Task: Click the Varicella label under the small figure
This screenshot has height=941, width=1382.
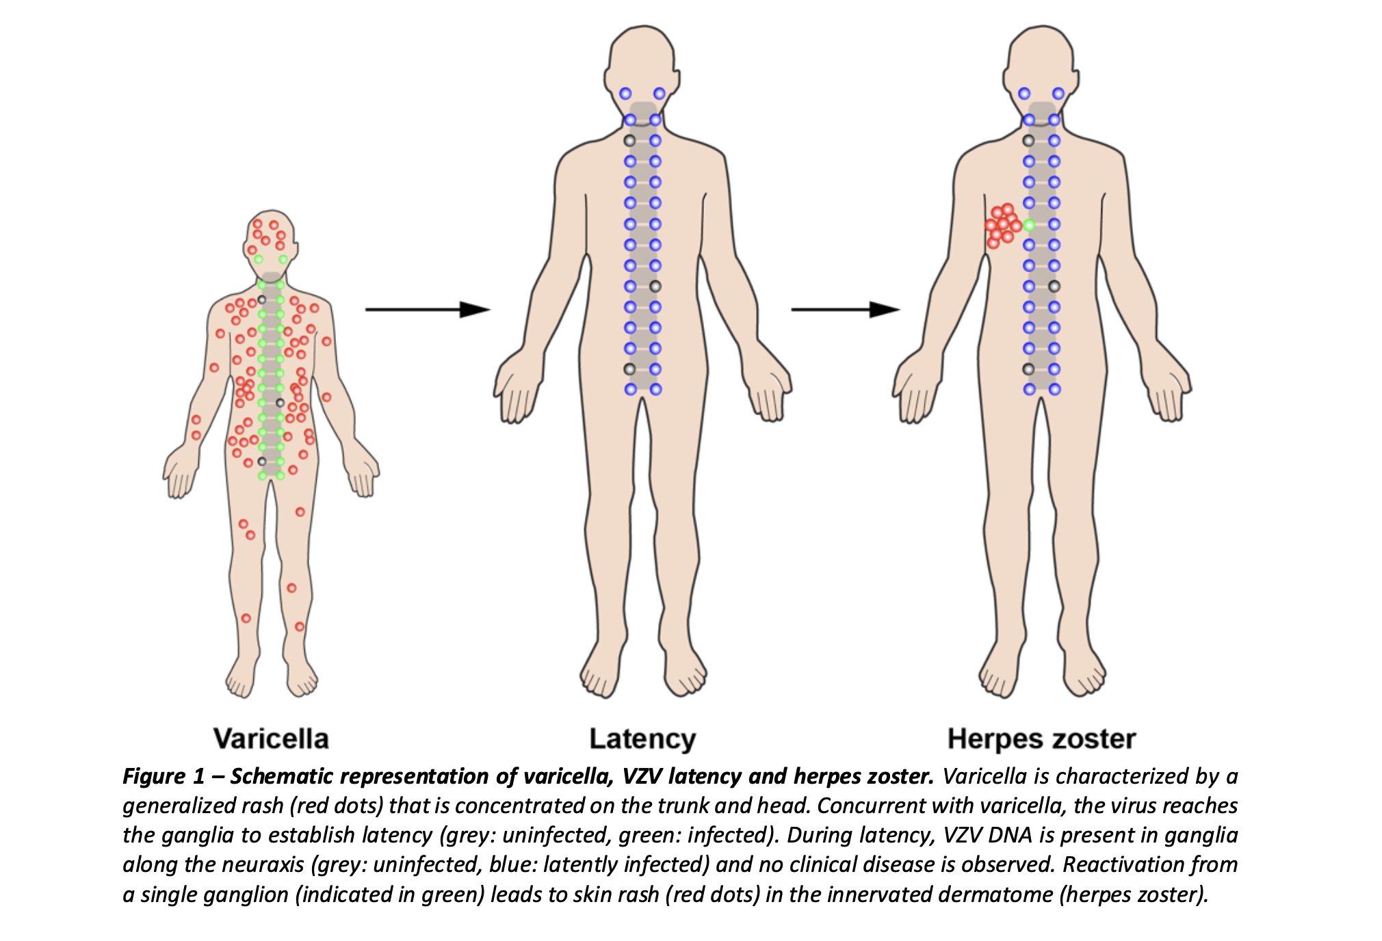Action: (271, 739)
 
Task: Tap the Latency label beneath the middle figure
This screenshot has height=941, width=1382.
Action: (642, 739)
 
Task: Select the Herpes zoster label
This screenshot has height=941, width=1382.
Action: (1041, 739)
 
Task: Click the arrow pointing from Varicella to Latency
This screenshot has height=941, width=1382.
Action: (428, 310)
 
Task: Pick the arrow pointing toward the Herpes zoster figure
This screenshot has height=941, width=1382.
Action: (845, 310)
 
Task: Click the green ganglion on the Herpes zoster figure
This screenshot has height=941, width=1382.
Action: (1029, 224)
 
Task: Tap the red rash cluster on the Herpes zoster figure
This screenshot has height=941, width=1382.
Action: (1002, 225)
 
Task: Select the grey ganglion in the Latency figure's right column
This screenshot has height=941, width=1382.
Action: (655, 287)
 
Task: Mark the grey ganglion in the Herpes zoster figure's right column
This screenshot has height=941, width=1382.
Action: (1054, 287)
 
